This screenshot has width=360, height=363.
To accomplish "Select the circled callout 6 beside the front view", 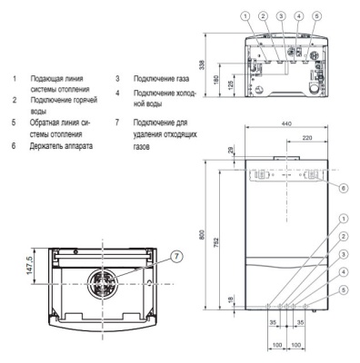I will point(342,188).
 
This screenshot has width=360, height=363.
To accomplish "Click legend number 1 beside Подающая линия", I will point(13,79).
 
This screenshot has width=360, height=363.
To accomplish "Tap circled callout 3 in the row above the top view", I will point(282,15).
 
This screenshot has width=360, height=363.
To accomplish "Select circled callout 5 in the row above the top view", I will point(316,15).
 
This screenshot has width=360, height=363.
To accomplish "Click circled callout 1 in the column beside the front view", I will point(342,218).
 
